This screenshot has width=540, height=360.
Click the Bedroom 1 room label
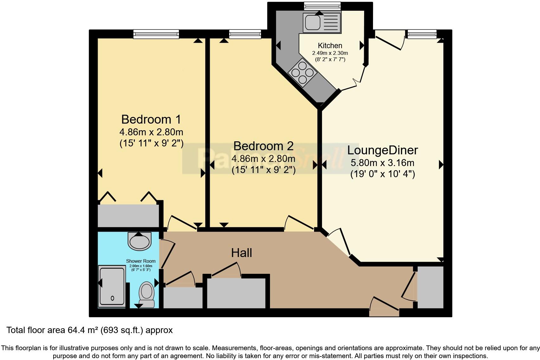coord(151,119)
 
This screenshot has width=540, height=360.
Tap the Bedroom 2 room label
coord(263,146)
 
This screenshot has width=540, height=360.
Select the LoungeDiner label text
coord(382,150)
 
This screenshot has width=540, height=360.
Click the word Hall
coord(241,253)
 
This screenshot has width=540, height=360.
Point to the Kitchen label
coord(330,46)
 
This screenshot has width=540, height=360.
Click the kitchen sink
coord(322,22)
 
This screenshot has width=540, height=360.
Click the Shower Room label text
coord(141,261)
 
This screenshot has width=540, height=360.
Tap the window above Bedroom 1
coord(156,34)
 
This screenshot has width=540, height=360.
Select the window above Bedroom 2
coord(245,34)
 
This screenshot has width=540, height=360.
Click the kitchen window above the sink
coord(322,6)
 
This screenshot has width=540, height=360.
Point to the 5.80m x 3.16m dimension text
coord(382,163)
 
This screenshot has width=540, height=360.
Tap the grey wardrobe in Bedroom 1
coord(128,215)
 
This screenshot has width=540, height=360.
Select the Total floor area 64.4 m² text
coord(90,330)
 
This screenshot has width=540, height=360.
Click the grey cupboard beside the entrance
coord(430,287)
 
